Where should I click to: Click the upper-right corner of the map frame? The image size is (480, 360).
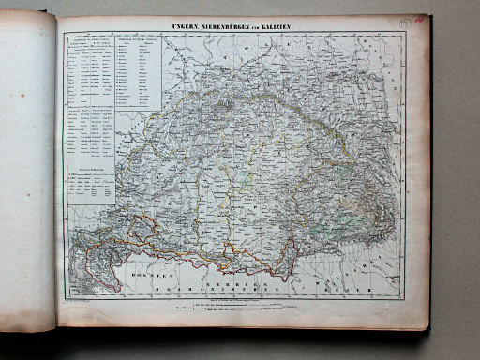(x=405, y=35)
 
